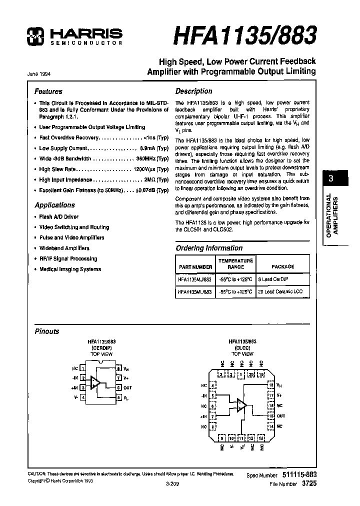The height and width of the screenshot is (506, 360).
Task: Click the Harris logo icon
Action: (x=36, y=34)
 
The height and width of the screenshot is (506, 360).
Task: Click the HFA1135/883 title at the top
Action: (x=244, y=35)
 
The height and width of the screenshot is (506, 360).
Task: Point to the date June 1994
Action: (x=38, y=73)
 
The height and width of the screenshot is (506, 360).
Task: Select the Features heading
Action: (x=48, y=91)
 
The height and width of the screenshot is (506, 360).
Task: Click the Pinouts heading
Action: (x=46, y=331)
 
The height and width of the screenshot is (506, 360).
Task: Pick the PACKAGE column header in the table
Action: (x=282, y=266)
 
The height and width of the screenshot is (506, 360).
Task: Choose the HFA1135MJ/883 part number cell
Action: (x=195, y=280)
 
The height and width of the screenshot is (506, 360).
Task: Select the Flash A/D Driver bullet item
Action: (x=58, y=217)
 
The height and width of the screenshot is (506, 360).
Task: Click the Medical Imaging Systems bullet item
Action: (x=70, y=269)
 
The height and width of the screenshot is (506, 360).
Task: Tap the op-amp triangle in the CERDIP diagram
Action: (x=95, y=383)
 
